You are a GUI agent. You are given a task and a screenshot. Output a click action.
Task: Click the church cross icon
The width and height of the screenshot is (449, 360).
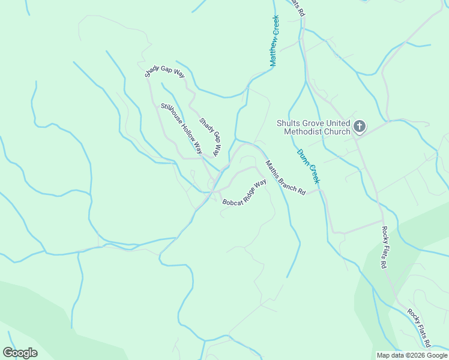tap(360, 126)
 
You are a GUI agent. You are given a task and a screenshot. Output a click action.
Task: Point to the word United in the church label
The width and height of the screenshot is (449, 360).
tap(337, 124)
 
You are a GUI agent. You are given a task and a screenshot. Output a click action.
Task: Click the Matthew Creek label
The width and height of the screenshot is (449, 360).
tap(274, 41)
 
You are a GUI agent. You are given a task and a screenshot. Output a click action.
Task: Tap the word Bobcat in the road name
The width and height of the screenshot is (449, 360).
tap(232, 201)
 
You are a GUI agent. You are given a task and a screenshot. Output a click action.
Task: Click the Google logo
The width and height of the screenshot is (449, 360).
tap(20, 353)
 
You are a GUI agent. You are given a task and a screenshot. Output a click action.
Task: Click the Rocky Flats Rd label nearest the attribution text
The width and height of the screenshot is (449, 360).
tap(419, 328)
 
